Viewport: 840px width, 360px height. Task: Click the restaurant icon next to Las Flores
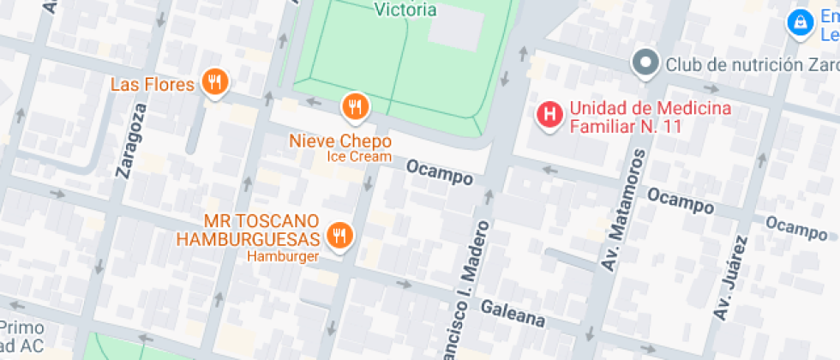point(214,83)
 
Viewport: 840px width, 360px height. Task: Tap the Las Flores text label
point(153,84)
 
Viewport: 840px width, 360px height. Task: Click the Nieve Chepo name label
point(340,141)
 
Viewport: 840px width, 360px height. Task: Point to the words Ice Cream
point(358,157)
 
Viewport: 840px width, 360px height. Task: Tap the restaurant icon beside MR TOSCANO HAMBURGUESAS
point(340,235)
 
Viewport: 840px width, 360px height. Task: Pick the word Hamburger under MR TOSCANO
point(283,256)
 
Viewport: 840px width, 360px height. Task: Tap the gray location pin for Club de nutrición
point(645,63)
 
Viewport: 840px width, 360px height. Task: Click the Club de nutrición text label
point(751,63)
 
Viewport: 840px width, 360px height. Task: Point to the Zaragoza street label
point(129,138)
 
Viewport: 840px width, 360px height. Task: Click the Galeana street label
point(512,313)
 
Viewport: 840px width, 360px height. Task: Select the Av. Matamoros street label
point(621,211)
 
